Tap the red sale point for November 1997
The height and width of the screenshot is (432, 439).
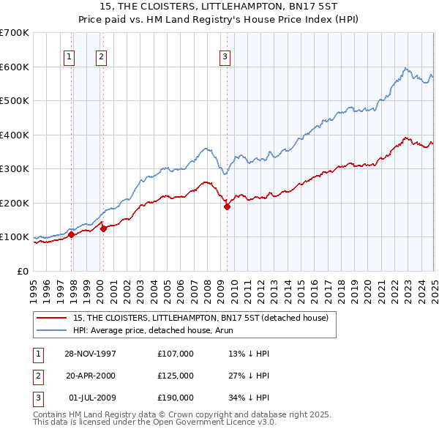(x=72, y=234)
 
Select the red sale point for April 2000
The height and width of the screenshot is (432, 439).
(x=104, y=228)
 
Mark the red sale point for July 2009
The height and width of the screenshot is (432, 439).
(x=227, y=206)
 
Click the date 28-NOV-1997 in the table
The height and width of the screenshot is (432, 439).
(x=90, y=353)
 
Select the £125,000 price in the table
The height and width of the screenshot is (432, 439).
(x=176, y=376)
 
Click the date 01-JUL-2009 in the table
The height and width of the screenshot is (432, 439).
(x=91, y=398)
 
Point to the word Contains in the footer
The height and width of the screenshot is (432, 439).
(x=50, y=414)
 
